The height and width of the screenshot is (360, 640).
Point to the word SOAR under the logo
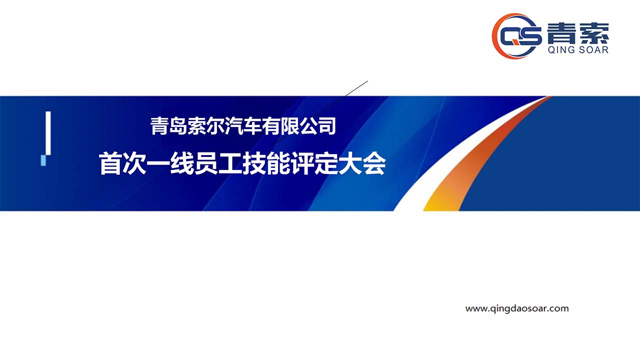pyautogui.click(x=593, y=50)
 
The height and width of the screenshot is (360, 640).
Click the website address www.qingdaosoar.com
pyautogui.click(x=517, y=308)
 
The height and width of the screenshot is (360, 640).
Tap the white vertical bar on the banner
pyautogui.click(x=48, y=133)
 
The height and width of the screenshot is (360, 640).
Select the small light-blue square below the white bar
pyautogui.click(x=43, y=160)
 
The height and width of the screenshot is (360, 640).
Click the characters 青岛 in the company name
pyautogui.click(x=168, y=126)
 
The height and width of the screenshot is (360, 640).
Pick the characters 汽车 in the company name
pyautogui.click(x=243, y=126)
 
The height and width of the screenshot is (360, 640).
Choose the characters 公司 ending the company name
pyautogui.click(x=317, y=126)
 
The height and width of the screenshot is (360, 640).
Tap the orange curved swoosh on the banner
pyautogui.click(x=468, y=160)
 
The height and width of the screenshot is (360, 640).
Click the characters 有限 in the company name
pyautogui.click(x=280, y=126)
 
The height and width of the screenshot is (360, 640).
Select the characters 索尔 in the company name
pyautogui.click(x=205, y=126)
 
